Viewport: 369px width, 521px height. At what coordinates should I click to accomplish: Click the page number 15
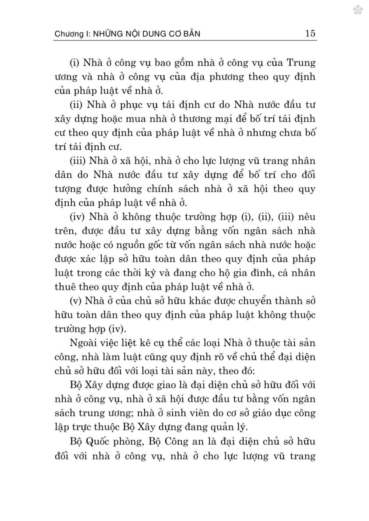click(310, 33)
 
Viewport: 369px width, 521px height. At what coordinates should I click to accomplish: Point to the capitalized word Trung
click(301, 63)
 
